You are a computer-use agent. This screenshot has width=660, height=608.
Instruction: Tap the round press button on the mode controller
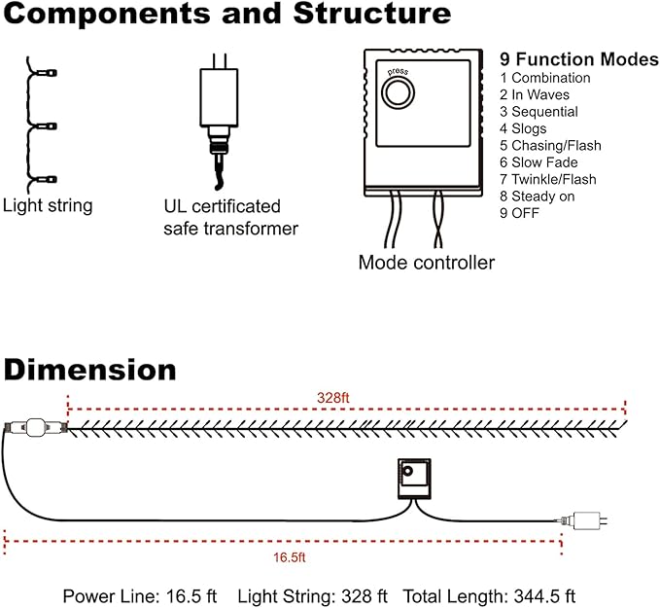point(397,93)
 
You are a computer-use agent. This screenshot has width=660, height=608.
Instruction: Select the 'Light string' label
point(48,205)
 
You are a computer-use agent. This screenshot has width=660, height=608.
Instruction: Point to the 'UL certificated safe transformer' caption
point(230,217)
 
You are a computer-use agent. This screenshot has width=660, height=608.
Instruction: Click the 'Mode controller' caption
point(426,263)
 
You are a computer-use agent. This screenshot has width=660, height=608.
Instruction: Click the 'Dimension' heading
point(89,371)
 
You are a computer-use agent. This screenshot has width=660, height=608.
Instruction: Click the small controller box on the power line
point(412,478)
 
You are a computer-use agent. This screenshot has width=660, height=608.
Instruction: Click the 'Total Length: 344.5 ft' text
point(489,595)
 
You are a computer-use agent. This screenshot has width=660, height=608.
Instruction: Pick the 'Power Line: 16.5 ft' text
point(140,595)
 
